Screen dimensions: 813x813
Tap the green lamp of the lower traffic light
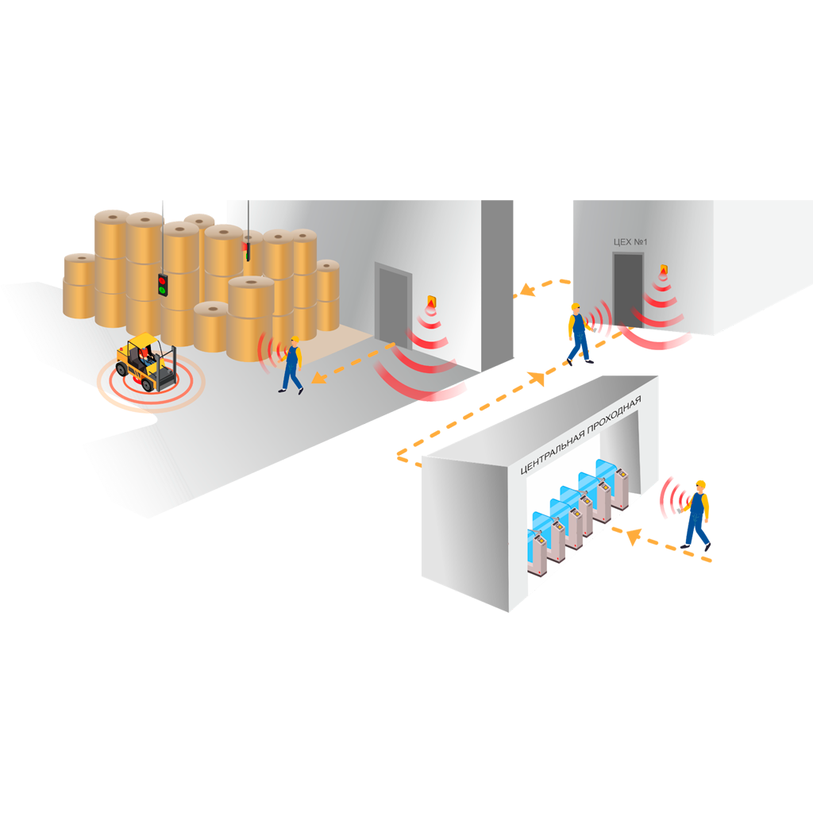[163, 291]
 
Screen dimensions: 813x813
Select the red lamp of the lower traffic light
[163, 280]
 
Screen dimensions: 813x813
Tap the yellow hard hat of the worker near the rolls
[295, 341]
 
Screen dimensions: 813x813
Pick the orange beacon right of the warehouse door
[432, 302]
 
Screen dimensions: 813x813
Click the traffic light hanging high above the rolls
[247, 246]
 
